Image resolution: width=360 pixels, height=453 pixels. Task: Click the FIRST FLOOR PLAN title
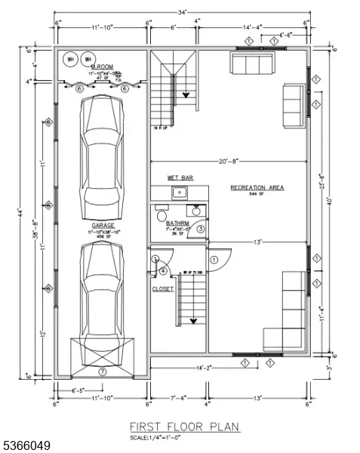pyautogui.click(x=184, y=427)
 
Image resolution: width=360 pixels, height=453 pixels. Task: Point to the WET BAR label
pyautogui.click(x=180, y=178)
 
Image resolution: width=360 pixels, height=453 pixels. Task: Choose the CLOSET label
pyautogui.click(x=163, y=288)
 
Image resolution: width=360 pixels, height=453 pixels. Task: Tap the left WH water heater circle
pyautogui.click(x=71, y=59)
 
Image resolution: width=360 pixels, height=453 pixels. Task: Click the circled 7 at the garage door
pyautogui.click(x=102, y=371)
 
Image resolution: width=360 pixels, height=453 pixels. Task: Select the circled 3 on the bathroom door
pyautogui.click(x=201, y=229)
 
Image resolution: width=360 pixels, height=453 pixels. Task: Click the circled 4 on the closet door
pyautogui.click(x=163, y=272)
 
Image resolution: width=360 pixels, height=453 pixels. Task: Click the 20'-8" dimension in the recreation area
pyautogui.click(x=228, y=161)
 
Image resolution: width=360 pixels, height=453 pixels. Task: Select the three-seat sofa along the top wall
pyautogui.click(x=252, y=64)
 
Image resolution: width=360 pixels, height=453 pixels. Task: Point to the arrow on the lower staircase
pyautogui.click(x=193, y=319)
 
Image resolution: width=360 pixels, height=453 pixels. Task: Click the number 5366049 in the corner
pyautogui.click(x=27, y=446)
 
